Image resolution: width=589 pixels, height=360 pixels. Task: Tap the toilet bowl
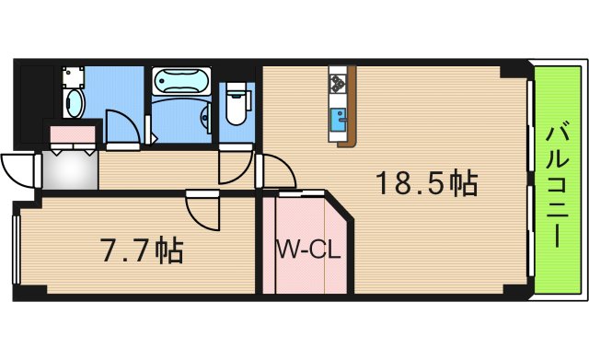[x=237, y=104]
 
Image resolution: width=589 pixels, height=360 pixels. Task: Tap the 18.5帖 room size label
[x=425, y=184]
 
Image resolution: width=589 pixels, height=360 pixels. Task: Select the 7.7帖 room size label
[x=141, y=250]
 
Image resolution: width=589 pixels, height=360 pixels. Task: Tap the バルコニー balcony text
[x=557, y=184]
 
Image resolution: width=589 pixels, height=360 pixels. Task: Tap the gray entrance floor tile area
[x=69, y=169]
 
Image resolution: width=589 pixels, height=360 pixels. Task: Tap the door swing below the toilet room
[x=234, y=167]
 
